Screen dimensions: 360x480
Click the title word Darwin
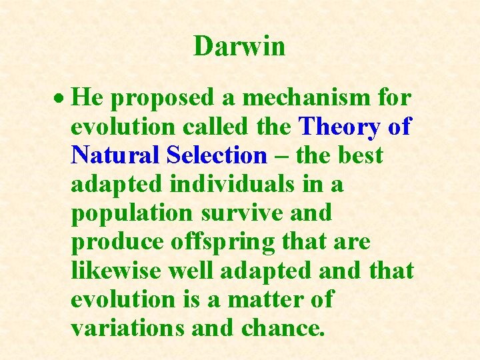pyautogui.click(x=239, y=46)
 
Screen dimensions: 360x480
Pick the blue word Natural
pyautogui.click(x=115, y=155)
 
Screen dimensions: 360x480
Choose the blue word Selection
pyautogui.click(x=217, y=155)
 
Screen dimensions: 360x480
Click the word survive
pyautogui.click(x=242, y=213)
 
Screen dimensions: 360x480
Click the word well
pyautogui.click(x=197, y=271)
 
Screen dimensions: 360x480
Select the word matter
pyautogui.click(x=261, y=299)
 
